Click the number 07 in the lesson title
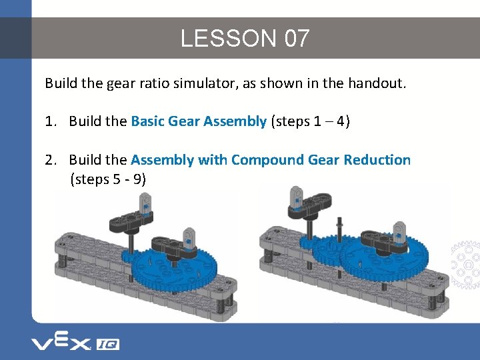[297, 38]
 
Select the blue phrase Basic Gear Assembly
[199, 121]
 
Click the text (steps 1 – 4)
[310, 121]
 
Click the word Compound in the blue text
[267, 160]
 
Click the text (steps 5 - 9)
[108, 179]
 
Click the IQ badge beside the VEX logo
[108, 345]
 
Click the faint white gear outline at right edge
[465, 265]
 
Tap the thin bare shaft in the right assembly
[339, 248]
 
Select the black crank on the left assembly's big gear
[173, 247]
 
